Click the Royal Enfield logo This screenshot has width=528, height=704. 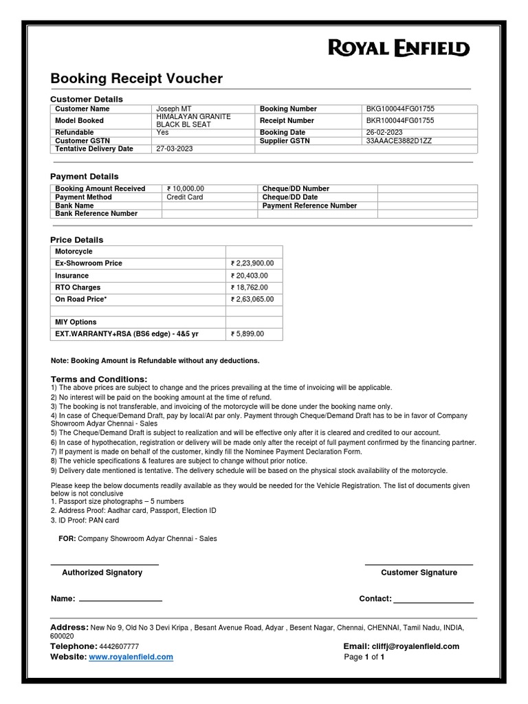(399, 48)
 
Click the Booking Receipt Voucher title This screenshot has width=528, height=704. (137, 78)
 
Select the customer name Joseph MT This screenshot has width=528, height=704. (169, 109)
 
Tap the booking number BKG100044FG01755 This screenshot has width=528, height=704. (399, 109)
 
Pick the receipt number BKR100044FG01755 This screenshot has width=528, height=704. (399, 121)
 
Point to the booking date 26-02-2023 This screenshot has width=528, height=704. (384, 132)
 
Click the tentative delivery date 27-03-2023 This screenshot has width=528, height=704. (175, 148)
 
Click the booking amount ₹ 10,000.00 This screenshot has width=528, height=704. (185, 188)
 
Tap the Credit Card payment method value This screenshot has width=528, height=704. (185, 197)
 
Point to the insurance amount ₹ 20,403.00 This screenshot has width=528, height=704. (249, 276)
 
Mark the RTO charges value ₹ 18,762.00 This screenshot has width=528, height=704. (249, 288)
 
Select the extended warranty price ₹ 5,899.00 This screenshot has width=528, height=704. (247, 334)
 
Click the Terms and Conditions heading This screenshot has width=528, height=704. (99, 379)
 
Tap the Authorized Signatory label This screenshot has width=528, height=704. (102, 573)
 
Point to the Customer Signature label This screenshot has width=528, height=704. (419, 573)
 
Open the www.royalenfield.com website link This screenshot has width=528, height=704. (131, 657)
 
